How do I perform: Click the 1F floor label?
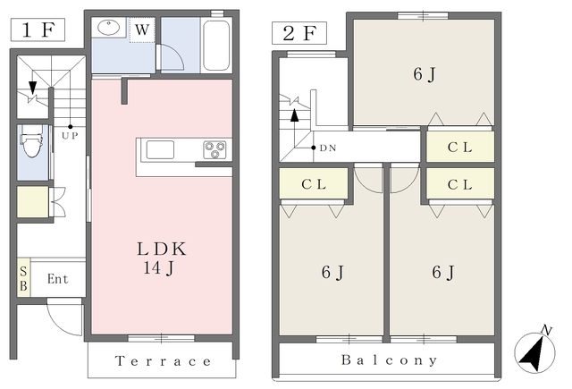pos(38,30)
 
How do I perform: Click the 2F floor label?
pos(299,33)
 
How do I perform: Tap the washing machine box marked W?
pos(142,30)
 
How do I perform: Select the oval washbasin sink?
pos(109,28)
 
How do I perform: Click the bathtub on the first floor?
pos(216,45)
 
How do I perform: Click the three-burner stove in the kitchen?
pos(214,150)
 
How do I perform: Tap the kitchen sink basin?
pos(160,149)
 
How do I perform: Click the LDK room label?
pos(162,249)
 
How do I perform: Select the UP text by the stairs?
pos(70,136)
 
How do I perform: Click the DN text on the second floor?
pos(328,148)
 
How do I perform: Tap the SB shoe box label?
pos(23,278)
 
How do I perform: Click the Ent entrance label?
pos(57,279)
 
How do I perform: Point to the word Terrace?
pos(163,361)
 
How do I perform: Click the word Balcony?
pos(390,360)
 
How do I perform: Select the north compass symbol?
pos(534,351)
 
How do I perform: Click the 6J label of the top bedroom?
pos(425,75)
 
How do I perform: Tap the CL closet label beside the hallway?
pos(460,148)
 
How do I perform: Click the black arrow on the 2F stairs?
pos(294,115)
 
